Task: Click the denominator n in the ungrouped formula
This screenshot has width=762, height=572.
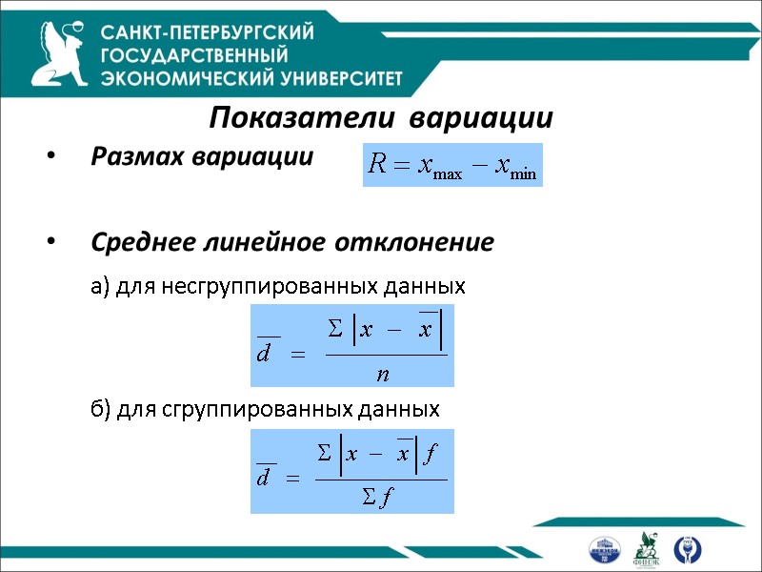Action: [x=383, y=374]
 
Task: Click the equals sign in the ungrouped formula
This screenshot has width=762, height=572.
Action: [x=296, y=356]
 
